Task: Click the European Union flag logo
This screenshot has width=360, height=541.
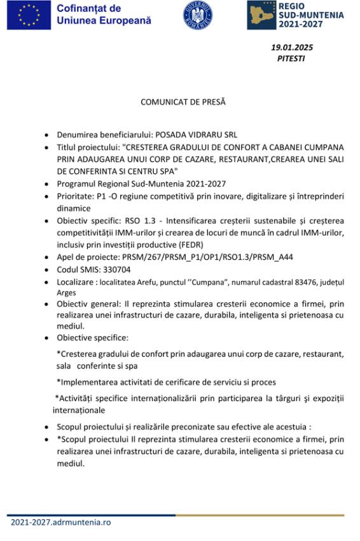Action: click(x=29, y=15)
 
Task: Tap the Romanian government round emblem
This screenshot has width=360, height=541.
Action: click(x=198, y=15)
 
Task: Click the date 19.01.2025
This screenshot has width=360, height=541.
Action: click(x=292, y=47)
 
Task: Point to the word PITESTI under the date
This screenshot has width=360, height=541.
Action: click(x=291, y=58)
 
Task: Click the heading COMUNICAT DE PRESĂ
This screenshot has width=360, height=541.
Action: click(x=183, y=101)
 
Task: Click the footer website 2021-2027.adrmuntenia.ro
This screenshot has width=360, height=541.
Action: click(x=60, y=522)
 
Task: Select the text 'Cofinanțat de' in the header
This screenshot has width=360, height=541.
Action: click(x=88, y=9)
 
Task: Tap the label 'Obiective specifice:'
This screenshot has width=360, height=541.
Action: click(x=92, y=337)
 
